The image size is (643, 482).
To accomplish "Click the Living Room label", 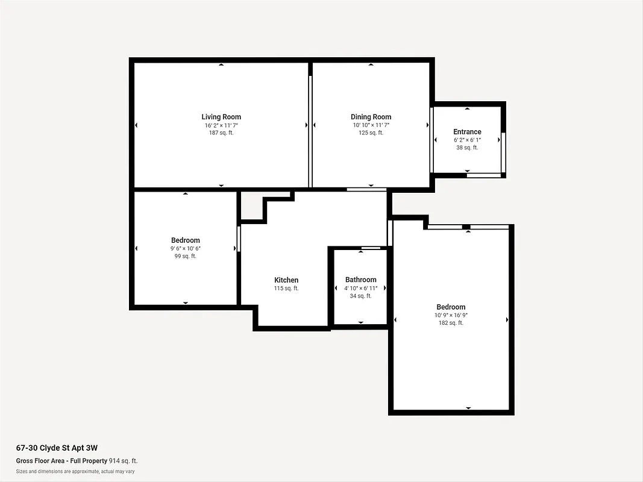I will [221, 117].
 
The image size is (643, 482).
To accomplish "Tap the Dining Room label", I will [371, 117].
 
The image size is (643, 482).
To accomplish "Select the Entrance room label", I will [467, 132].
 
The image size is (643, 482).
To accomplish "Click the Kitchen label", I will [286, 280].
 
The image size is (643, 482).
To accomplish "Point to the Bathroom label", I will [360, 280].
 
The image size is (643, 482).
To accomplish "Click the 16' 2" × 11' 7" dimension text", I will [221, 125].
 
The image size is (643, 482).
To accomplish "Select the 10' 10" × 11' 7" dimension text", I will [371, 125].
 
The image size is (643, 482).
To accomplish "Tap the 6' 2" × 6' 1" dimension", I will [467, 140].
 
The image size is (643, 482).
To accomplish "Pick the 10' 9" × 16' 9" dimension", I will [451, 315].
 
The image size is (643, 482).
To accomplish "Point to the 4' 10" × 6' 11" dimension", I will [360, 288].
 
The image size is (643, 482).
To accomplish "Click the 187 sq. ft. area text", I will [221, 133].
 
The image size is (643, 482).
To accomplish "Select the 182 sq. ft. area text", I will [451, 323].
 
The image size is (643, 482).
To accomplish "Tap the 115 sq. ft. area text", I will [286, 289].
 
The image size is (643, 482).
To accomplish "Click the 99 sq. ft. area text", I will [185, 256].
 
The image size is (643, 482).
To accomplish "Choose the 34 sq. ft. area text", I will [360, 296].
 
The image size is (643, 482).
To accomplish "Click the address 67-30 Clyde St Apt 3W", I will [57, 448].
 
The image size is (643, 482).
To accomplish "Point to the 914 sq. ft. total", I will [123, 461].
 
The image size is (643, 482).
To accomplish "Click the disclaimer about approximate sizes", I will [75, 471].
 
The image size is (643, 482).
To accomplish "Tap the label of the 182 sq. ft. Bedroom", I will [451, 307].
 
